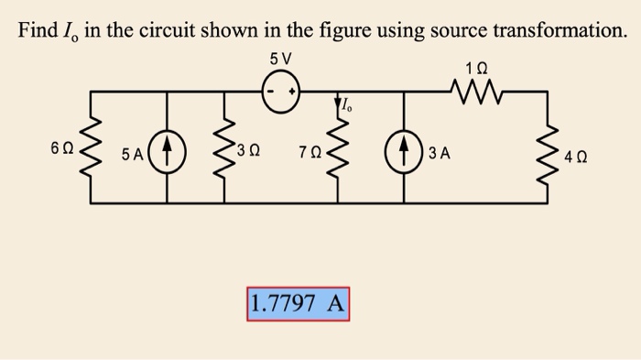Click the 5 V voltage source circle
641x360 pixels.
pos(281,93)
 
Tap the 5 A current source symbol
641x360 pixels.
pos(168,147)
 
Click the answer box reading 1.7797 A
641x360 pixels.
pos(298,303)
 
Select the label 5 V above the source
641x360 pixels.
pos(281,60)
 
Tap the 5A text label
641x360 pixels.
pos(134,155)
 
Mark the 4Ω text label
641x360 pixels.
pos(577,156)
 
